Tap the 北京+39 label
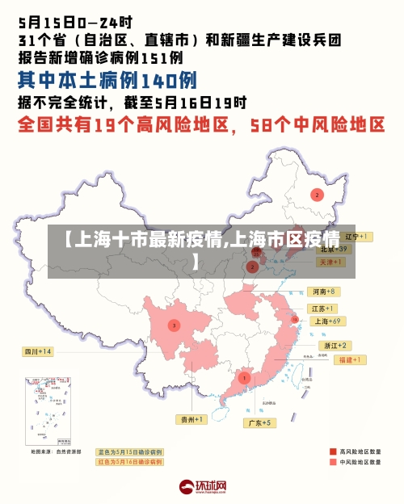[x=334, y=250]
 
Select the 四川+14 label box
[x=38, y=351]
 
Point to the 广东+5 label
[x=260, y=422]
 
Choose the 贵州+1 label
[x=192, y=419]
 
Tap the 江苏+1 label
[x=323, y=309]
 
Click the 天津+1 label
[x=333, y=262]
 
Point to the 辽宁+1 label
[x=356, y=237]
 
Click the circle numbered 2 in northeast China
[x=318, y=195]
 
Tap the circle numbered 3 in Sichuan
[x=174, y=325]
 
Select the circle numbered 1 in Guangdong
[x=244, y=377]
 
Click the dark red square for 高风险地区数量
[x=332, y=451]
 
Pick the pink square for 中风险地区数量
[x=332, y=463]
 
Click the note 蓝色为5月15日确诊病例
[x=130, y=451]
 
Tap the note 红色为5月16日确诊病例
[x=130, y=462]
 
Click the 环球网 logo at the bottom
[x=202, y=487]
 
